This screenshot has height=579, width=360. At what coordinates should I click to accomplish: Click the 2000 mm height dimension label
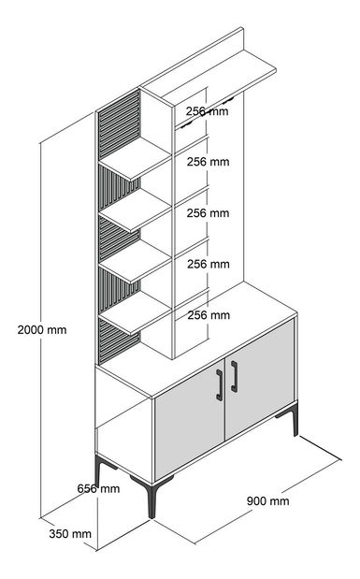[x=42, y=329]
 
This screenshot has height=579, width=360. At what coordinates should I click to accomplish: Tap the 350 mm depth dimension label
[x=69, y=534]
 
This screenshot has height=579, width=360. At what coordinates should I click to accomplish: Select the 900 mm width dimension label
[x=267, y=500]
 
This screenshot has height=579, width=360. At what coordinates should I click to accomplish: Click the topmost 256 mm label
[x=208, y=110]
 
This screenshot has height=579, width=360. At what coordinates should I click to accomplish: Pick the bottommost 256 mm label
[x=208, y=315]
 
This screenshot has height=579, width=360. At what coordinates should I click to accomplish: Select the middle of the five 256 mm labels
[x=208, y=213]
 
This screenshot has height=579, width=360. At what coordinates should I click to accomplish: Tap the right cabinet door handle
[x=234, y=377]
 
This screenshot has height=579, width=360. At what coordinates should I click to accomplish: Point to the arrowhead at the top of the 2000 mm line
[x=41, y=144]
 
